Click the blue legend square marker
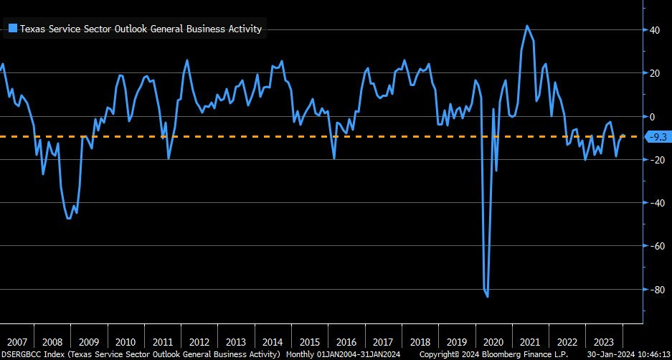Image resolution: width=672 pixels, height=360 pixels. (12, 29)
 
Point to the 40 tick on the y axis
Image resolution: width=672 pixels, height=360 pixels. (655, 30)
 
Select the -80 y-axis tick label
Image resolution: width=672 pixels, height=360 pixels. (653, 289)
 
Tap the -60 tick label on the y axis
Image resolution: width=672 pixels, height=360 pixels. (653, 246)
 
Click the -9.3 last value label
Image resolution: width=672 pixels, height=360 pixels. (657, 136)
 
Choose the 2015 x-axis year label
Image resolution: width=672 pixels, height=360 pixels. (311, 341)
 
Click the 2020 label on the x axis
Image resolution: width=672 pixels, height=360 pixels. (494, 341)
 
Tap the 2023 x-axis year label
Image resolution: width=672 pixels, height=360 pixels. (605, 341)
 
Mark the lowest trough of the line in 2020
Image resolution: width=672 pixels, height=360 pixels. (488, 296)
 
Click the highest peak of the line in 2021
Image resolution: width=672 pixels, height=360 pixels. (527, 26)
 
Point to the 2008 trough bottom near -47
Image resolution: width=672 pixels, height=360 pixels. (69, 218)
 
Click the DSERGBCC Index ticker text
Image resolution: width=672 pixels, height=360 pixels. (33, 354)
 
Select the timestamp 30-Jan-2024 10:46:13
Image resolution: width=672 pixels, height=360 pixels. (628, 354)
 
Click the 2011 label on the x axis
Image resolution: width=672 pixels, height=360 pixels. (163, 341)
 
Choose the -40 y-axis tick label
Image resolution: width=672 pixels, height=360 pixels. (653, 203)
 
